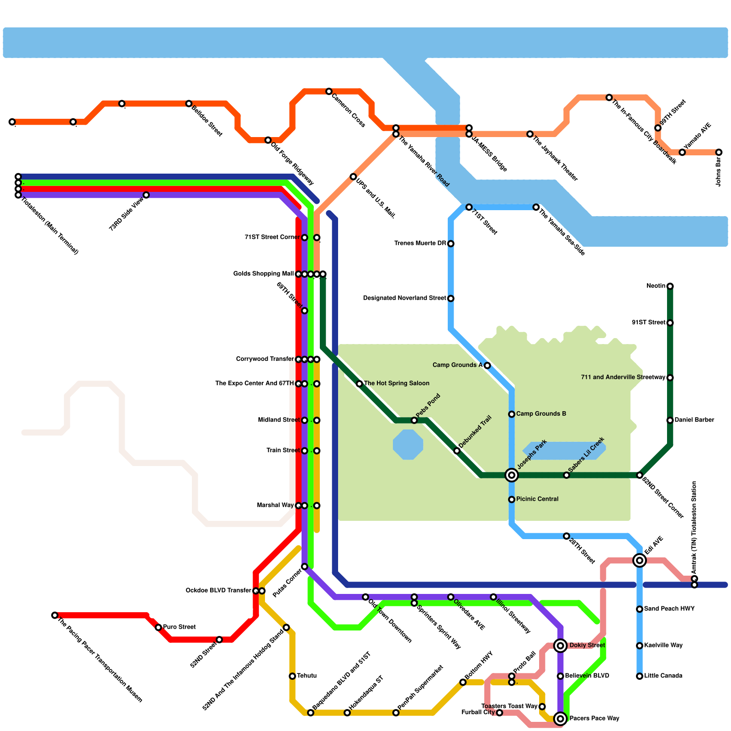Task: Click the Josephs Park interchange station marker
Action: [512, 475]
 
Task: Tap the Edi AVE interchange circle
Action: [640, 560]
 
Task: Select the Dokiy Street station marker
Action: [561, 646]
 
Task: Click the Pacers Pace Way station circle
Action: [561, 719]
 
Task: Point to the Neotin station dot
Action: [670, 286]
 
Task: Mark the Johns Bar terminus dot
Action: [719, 152]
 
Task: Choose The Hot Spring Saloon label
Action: [397, 383]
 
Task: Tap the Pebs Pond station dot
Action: [414, 420]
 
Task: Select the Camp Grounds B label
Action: [541, 414]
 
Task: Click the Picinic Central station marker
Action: [512, 499]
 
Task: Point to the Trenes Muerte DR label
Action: [420, 244]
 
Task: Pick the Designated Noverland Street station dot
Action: [450, 298]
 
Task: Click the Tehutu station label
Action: [307, 676]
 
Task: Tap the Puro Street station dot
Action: [158, 627]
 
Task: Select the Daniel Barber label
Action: [694, 420]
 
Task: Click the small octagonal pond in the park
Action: [408, 445]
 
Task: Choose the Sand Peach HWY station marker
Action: [640, 609]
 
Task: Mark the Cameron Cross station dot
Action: [329, 92]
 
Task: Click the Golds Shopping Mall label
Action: [263, 274]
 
